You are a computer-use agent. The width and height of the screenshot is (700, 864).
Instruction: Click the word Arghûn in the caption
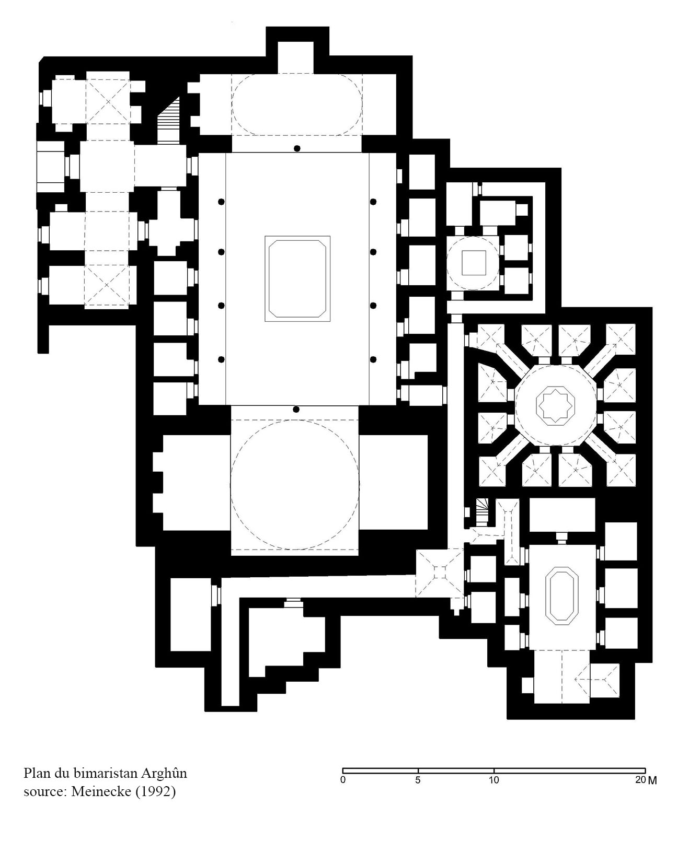(x=164, y=774)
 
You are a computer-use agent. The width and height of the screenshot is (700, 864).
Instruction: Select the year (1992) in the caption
(x=155, y=792)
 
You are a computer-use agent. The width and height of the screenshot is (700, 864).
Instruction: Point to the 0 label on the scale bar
(x=343, y=780)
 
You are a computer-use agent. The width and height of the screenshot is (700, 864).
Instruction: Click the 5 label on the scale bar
(x=418, y=780)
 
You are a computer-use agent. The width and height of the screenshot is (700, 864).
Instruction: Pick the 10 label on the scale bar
(x=494, y=780)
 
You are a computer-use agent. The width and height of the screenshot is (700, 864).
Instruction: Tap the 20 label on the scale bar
(x=640, y=780)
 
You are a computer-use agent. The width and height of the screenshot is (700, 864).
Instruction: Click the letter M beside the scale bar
(x=652, y=780)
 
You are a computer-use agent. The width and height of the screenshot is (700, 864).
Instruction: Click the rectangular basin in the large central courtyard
(x=297, y=278)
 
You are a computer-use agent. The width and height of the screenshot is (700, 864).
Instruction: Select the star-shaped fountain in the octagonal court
(x=555, y=404)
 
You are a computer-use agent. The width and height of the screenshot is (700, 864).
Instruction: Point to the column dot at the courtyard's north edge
(x=297, y=148)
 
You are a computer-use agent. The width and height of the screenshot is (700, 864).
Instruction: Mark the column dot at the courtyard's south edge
(x=296, y=410)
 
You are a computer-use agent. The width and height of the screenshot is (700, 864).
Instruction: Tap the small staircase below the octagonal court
(x=482, y=511)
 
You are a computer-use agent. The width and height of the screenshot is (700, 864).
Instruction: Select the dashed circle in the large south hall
(x=295, y=421)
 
